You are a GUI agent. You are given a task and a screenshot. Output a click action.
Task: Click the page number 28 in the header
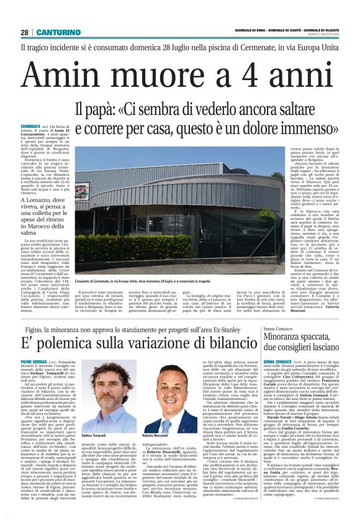[x=24, y=32]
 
